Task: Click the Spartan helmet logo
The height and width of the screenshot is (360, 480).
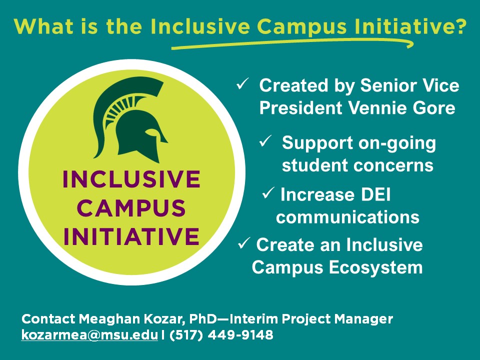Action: point(130,120)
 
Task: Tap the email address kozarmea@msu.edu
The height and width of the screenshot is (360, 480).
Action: point(89,335)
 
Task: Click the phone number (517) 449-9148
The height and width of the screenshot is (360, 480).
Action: point(220,335)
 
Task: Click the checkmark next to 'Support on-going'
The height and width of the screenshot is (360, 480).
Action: point(265,141)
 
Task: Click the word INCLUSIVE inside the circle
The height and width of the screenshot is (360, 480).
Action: point(131,179)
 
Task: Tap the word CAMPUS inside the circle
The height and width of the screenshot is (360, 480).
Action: point(131,208)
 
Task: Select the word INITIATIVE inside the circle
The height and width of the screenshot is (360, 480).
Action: point(131,236)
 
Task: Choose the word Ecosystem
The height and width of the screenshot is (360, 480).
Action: point(376,267)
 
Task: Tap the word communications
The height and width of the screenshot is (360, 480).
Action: point(347,217)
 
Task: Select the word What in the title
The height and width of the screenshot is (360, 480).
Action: point(43,26)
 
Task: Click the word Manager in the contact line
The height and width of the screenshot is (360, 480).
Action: point(363,319)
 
